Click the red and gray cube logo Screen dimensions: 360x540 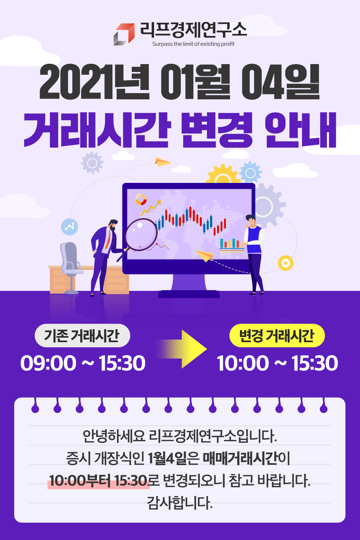point(124,34)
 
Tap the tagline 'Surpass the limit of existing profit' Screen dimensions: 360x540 point(193,44)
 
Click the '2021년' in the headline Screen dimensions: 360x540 point(94,82)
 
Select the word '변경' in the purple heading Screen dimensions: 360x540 point(216,130)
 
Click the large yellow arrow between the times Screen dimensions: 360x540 point(183,349)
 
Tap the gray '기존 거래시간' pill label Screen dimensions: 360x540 point(82,336)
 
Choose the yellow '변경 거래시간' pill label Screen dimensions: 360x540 point(277,336)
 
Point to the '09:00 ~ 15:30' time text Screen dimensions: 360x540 point(83,363)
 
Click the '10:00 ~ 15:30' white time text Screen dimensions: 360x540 point(277,363)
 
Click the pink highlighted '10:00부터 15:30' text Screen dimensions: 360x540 point(98,481)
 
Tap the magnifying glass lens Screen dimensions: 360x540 point(141,235)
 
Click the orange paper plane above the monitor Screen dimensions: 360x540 point(162,162)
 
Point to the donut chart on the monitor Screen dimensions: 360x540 point(141,199)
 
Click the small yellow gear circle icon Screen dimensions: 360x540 point(285,263)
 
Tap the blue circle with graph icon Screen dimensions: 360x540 point(69,226)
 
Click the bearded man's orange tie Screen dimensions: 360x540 point(108,239)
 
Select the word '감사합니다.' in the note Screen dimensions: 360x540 point(180,503)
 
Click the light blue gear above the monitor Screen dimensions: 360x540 point(250,172)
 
